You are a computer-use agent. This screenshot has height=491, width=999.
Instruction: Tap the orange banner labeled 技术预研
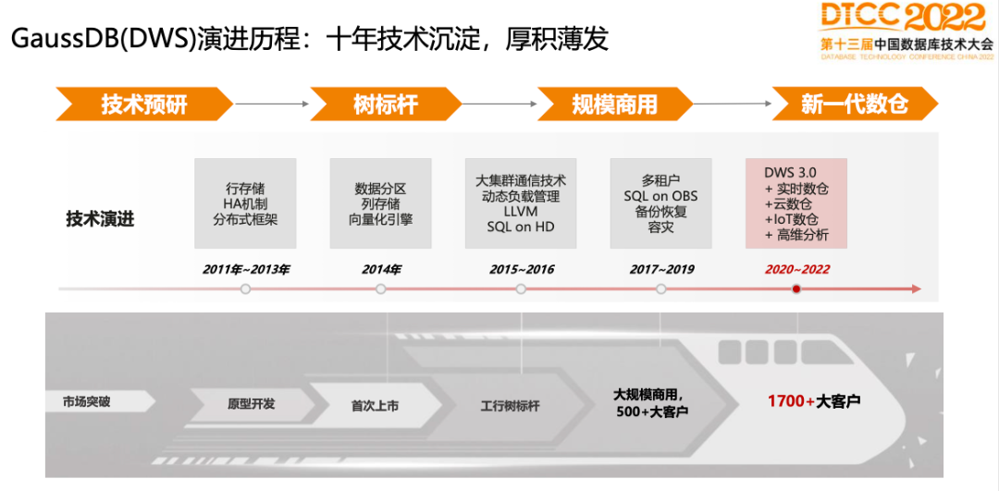(143, 104)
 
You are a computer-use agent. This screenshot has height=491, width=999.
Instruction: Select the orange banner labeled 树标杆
(385, 104)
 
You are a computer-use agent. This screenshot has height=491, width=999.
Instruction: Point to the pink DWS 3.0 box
(796, 203)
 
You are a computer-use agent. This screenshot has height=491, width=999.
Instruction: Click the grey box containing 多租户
(660, 203)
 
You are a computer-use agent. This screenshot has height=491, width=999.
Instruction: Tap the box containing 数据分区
(380, 203)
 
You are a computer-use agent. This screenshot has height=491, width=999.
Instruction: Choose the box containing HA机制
(245, 203)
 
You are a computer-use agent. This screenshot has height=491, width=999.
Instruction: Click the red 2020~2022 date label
(796, 270)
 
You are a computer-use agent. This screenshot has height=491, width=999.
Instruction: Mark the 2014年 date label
(380, 270)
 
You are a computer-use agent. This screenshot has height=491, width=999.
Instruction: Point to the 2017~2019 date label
(660, 270)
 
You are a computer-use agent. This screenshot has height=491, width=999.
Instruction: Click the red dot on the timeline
(796, 289)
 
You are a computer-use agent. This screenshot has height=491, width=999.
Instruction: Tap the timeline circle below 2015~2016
(521, 289)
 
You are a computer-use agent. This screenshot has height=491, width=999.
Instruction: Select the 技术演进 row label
(100, 219)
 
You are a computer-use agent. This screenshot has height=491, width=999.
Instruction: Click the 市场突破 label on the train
(86, 402)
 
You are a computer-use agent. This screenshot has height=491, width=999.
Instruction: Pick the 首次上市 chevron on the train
(375, 405)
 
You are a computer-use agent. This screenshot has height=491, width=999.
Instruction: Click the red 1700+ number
(791, 401)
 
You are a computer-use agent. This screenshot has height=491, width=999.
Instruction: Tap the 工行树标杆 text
(510, 405)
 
